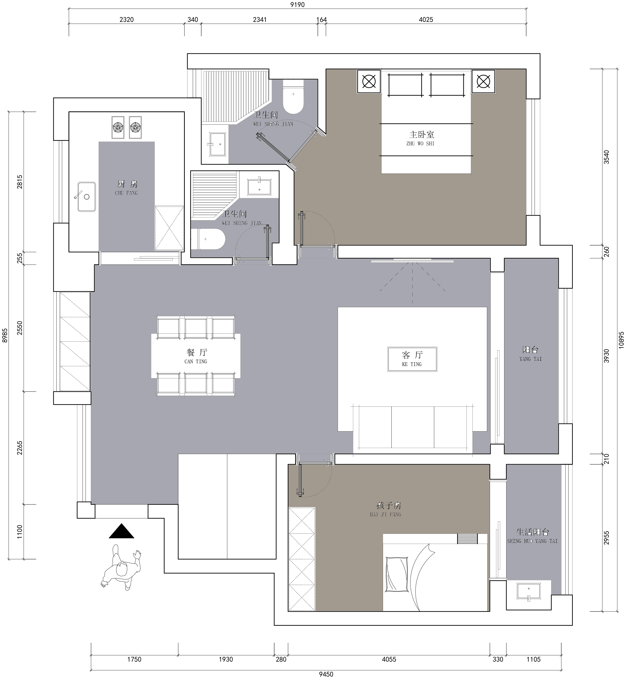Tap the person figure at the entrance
coord(121,571)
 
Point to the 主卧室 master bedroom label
coord(421,138)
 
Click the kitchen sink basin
coord(86,197)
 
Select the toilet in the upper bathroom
coord(293,97)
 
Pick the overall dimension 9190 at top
coord(297,5)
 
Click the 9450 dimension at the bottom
coord(326,674)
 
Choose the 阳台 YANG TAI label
coord(531,353)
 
